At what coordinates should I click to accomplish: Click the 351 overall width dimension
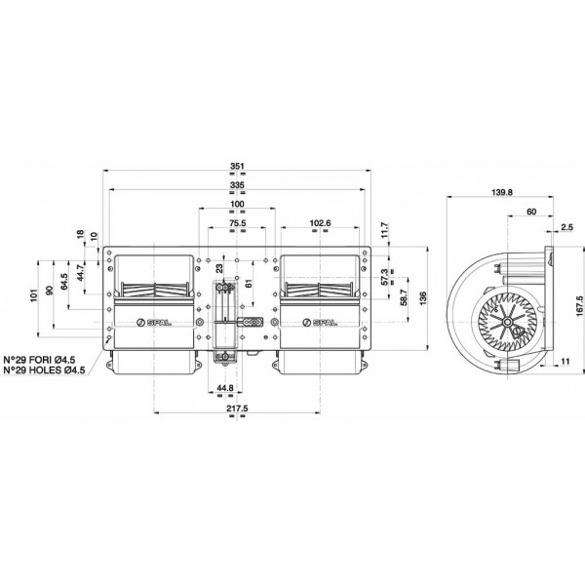(x=237, y=166)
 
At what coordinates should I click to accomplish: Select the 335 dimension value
(x=237, y=185)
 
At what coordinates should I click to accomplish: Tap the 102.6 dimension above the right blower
(x=320, y=223)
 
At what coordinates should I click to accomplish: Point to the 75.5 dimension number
(x=237, y=223)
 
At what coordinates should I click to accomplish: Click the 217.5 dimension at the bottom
(x=237, y=409)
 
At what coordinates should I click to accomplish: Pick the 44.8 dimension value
(x=225, y=388)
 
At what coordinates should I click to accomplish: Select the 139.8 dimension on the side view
(x=502, y=192)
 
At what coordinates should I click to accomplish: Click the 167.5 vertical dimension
(x=579, y=306)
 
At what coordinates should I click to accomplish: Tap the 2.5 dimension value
(x=566, y=227)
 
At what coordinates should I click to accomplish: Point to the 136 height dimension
(x=422, y=298)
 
